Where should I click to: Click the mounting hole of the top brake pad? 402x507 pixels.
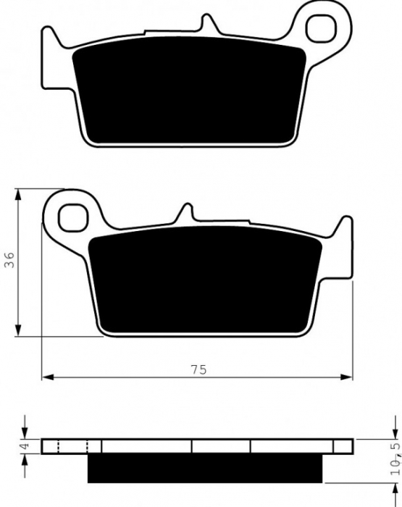pos(319,28)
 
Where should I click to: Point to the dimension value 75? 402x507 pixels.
pos(198,369)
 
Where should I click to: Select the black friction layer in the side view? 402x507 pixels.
pos(205,469)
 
